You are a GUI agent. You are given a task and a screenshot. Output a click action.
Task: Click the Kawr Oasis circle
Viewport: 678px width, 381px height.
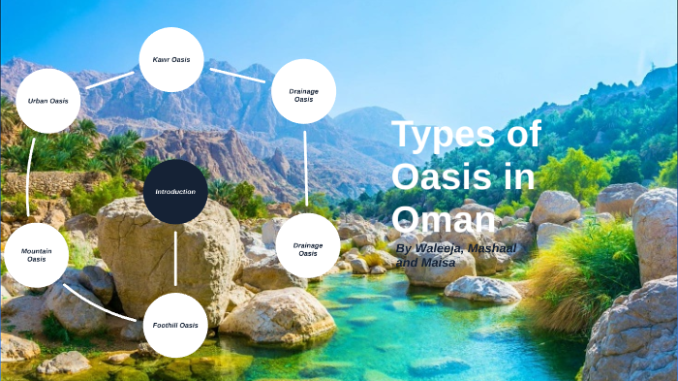click(171, 59)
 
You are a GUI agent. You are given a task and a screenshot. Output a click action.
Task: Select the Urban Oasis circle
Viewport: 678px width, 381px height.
click(47, 101)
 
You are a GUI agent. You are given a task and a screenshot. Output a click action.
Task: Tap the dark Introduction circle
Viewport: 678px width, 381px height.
click(175, 192)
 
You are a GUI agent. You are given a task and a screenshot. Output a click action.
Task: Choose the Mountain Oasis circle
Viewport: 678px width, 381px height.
click(36, 255)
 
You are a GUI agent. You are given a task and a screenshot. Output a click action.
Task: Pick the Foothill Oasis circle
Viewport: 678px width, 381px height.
click(175, 325)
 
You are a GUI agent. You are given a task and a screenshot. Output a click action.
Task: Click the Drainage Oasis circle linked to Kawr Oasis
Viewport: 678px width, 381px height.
click(304, 94)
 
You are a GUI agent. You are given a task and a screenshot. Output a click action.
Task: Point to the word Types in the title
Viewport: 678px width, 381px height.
click(466, 135)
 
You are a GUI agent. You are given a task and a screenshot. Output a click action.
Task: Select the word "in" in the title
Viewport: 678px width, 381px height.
click(520, 176)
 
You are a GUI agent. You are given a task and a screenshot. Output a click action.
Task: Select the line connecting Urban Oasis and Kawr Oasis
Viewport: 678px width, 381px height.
click(109, 79)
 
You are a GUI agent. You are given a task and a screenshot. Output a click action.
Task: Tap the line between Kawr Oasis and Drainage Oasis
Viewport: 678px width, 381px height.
click(237, 74)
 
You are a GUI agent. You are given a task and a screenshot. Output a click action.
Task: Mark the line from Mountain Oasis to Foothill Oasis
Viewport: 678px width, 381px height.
click(100, 302)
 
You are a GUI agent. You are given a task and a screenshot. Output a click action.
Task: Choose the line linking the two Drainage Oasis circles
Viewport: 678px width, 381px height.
click(306, 170)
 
